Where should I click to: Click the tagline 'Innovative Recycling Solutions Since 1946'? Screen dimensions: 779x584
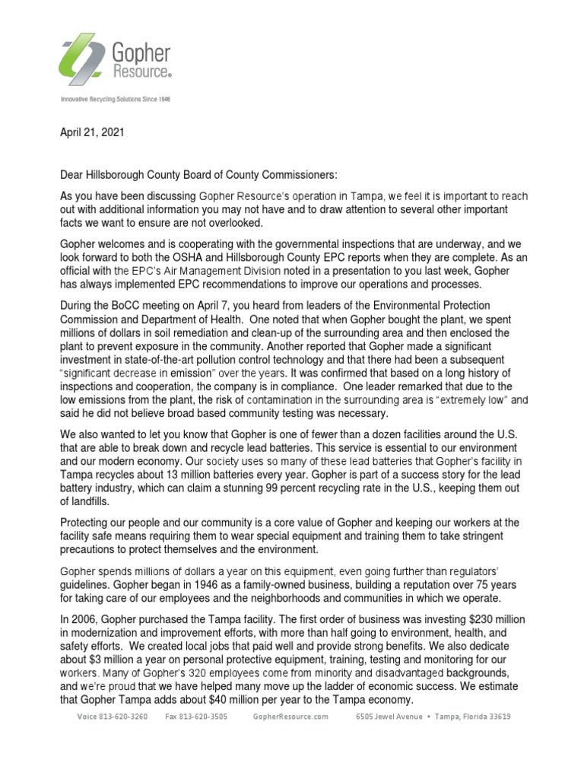115,100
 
